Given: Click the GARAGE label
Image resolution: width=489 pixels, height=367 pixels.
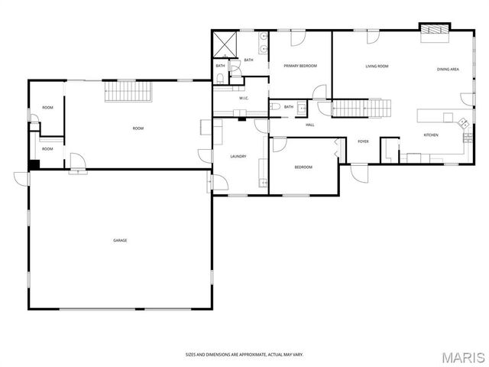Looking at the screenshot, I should [x=120, y=240].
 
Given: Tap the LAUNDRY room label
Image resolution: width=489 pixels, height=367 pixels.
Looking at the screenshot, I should [x=238, y=157].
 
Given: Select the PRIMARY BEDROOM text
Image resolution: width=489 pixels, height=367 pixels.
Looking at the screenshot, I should [x=300, y=67].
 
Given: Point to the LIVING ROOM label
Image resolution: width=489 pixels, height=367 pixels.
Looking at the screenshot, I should [x=377, y=67].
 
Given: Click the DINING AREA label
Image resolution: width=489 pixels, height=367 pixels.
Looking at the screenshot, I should [x=448, y=70].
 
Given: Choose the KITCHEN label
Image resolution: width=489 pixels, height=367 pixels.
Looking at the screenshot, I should [x=431, y=135].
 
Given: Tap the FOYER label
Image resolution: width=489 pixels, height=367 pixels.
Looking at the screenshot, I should [x=363, y=141].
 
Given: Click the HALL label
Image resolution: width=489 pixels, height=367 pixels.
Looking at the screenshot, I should [x=310, y=125].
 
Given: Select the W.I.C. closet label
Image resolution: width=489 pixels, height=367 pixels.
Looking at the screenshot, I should [x=244, y=98].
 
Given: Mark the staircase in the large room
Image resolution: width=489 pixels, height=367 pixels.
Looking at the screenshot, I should [x=128, y=92].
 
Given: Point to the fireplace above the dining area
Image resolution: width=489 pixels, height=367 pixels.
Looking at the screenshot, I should [x=435, y=30].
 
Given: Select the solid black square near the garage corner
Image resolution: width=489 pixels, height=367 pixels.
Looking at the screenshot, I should [x=34, y=164].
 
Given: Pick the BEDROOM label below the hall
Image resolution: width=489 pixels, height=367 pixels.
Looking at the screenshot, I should [x=303, y=167].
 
